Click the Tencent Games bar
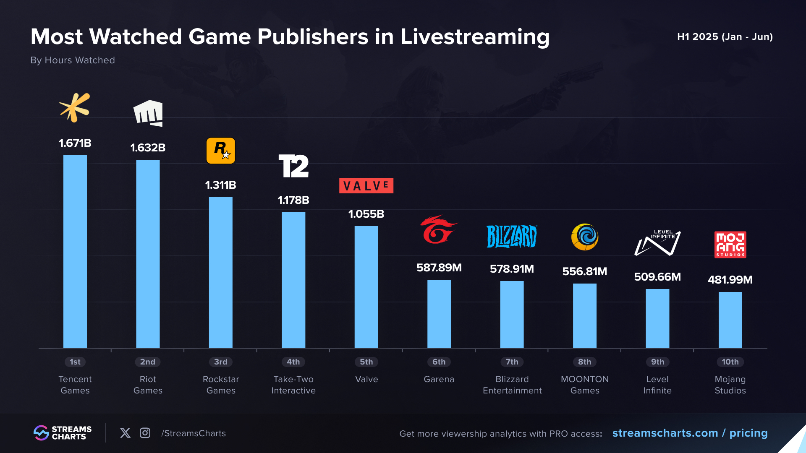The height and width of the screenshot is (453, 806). [75, 252]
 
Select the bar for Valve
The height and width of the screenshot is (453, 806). [366, 287]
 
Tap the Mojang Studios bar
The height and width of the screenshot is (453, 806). [730, 320]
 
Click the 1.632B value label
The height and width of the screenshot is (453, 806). [148, 148]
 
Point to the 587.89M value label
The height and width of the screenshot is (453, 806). [439, 268]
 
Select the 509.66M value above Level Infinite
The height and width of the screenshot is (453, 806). [657, 277]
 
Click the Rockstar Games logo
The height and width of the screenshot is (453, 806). [221, 151]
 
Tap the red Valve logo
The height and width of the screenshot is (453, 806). [366, 186]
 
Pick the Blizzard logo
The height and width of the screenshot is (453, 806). [512, 237]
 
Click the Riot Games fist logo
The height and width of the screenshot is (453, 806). [148, 113]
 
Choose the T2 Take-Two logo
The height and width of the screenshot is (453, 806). [293, 166]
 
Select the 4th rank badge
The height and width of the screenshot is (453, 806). [293, 362]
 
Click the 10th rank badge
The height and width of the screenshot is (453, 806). [730, 362]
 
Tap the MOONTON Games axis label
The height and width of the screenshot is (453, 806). [585, 385]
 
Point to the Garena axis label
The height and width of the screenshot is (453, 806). [439, 379]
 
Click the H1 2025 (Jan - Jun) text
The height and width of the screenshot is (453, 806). [725, 36]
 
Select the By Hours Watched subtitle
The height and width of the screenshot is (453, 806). [73, 60]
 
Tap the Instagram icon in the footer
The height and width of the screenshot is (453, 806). [145, 433]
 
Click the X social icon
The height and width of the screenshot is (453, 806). [125, 433]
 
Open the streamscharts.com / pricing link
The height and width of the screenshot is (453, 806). [690, 433]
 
